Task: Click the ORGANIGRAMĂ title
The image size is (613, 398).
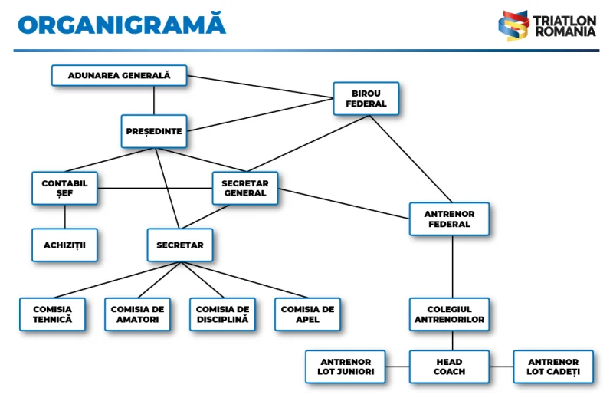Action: [122, 25]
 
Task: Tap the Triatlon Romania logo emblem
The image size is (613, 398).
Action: [513, 25]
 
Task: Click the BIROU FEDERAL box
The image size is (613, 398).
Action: [366, 98]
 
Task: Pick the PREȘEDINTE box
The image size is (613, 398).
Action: [154, 131]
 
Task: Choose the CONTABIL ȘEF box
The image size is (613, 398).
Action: [64, 188]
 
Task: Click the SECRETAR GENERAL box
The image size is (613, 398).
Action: [244, 188]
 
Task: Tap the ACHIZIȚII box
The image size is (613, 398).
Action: [64, 245]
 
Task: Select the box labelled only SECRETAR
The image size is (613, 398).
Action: [180, 245]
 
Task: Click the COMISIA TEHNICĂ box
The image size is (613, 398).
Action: [52, 314]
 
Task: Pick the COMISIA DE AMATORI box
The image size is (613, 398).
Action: [137, 314]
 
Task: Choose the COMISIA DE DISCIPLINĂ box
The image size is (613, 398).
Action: [222, 314]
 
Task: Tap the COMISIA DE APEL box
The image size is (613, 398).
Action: [307, 314]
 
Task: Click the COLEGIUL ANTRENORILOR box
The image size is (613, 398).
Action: [449, 314]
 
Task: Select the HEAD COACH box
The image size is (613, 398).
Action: [449, 367]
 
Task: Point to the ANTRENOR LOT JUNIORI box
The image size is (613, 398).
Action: [346, 367]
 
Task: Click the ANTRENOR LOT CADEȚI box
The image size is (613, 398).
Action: [552, 367]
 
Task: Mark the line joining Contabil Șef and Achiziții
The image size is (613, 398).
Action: [64, 216]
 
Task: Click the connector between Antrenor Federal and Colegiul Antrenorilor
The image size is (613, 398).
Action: [452, 266]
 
